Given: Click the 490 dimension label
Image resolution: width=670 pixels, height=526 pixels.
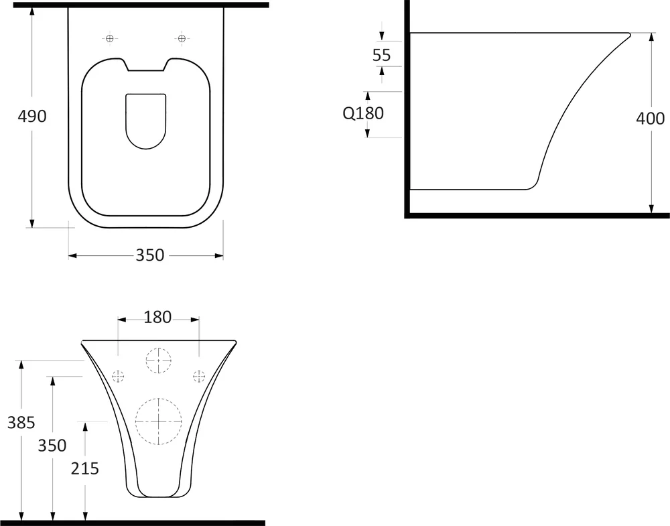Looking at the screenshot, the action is tap(32, 116).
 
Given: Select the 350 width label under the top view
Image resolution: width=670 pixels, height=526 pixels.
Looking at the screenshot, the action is tap(150, 255).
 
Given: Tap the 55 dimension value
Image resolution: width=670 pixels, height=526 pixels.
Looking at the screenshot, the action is tap(382, 55).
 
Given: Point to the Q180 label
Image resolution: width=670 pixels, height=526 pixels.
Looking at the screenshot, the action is tap(363, 113).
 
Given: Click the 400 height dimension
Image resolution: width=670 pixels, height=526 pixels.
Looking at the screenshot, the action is tap(651, 119).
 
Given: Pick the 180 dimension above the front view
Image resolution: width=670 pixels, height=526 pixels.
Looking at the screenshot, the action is tap(157, 317).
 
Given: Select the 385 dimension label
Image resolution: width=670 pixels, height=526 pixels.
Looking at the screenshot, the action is tap(21, 423).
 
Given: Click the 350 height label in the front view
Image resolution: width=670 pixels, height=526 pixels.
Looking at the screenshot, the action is tap(52, 446).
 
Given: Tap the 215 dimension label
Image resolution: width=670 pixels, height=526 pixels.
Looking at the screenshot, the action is tap(85, 469).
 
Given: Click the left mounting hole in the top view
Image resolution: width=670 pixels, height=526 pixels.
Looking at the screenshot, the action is tap(111, 38).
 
